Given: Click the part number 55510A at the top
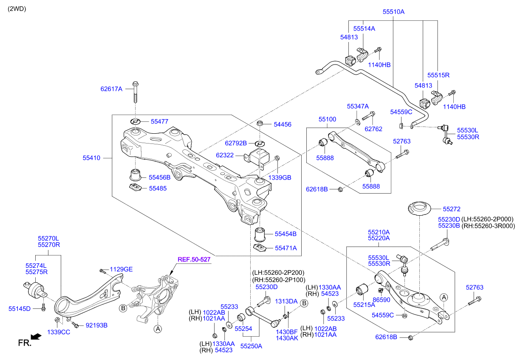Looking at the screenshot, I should [393, 12].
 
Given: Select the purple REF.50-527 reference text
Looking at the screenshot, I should [194, 259].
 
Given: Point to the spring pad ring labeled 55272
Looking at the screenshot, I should [419, 210].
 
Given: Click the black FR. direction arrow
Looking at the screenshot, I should [36, 337].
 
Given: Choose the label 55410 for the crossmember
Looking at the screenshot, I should [91, 158].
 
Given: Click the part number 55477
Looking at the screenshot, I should [159, 121].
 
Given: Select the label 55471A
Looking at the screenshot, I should [286, 248].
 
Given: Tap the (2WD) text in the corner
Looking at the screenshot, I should [17, 8].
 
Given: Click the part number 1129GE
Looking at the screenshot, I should [121, 269].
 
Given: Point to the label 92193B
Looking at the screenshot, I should [96, 325].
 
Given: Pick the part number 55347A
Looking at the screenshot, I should [358, 106].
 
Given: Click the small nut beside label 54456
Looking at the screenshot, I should [260, 124].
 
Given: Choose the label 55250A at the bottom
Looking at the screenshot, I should [251, 346].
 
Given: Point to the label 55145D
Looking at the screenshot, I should [20, 308].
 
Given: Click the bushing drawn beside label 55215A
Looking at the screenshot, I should [361, 290].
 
